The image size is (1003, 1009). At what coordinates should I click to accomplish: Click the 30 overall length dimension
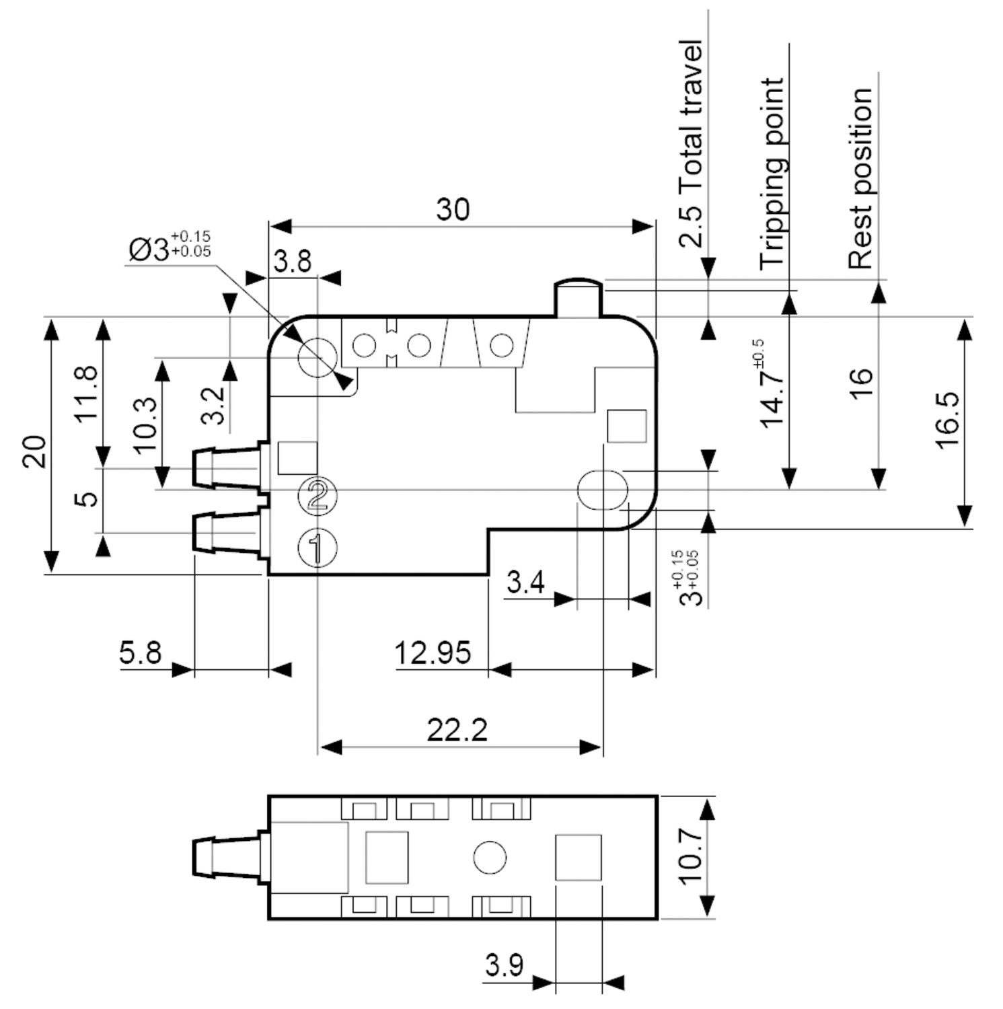(453, 209)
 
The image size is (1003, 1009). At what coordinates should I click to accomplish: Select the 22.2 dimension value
(457, 730)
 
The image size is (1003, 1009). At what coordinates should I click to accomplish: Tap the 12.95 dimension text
(433, 652)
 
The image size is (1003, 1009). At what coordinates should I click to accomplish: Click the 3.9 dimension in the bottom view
(504, 966)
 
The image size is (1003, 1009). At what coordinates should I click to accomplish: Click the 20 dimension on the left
(34, 452)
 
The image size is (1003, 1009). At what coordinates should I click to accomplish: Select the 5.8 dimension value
(141, 652)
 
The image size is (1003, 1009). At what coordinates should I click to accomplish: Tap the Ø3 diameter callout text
(170, 247)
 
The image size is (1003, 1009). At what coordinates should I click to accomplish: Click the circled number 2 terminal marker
(318, 496)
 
